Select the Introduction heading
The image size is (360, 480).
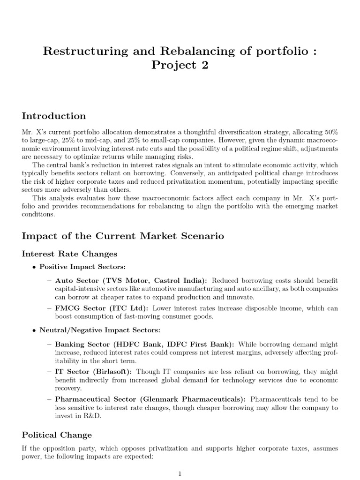point(54,116)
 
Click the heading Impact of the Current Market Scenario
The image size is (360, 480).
point(123,236)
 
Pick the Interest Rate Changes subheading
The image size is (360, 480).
point(70,254)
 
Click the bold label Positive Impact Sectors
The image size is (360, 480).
point(75,267)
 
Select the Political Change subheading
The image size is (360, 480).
point(57,435)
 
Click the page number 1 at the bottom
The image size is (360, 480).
point(180,474)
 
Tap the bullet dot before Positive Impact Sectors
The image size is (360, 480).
point(34,267)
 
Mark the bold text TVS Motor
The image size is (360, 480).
point(127,280)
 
